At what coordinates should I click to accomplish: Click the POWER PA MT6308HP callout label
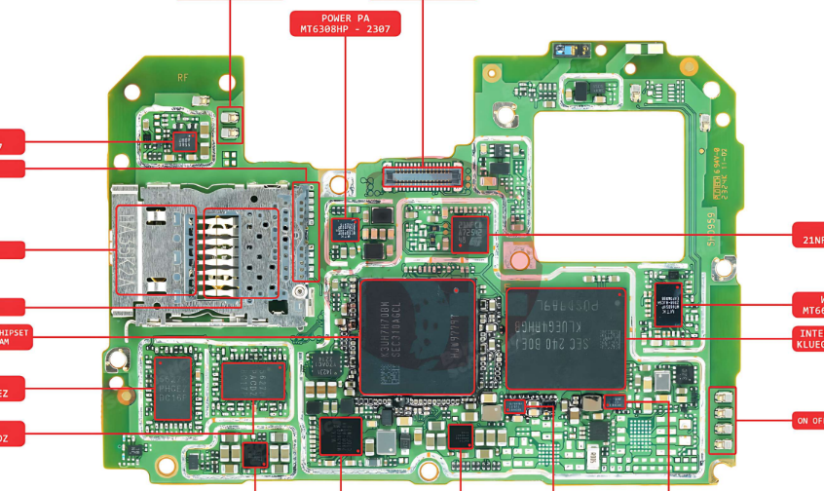345,23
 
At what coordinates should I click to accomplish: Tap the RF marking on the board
182,77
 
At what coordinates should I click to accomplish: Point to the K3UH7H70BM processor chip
417,336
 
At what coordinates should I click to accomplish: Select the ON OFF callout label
808,421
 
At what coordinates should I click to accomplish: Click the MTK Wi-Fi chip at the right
668,303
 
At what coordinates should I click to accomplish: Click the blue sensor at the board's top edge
565,49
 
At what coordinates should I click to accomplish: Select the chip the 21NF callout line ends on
470,233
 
